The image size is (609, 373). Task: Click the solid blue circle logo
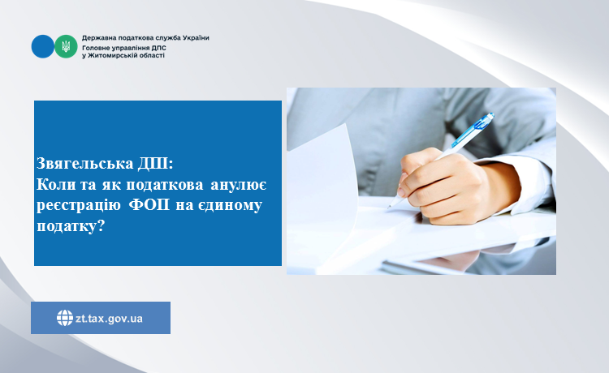click(43, 46)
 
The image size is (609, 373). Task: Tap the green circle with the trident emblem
click(66, 46)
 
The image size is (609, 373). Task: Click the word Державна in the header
click(96, 38)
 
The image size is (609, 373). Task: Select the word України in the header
click(196, 38)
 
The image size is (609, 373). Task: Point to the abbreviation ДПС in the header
click(159, 48)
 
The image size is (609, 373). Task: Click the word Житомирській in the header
click(110, 55)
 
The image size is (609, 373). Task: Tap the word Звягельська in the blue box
click(85, 164)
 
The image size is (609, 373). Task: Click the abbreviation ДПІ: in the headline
click(155, 164)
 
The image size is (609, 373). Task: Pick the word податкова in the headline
click(164, 185)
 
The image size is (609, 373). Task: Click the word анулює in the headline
click(239, 185)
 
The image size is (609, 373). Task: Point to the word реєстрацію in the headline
click(79, 204)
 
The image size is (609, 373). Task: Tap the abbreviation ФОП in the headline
click(149, 204)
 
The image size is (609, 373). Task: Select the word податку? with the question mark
click(71, 225)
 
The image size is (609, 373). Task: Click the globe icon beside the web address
click(64, 318)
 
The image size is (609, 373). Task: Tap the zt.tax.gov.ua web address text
click(109, 319)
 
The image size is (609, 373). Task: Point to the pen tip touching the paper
click(389, 208)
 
